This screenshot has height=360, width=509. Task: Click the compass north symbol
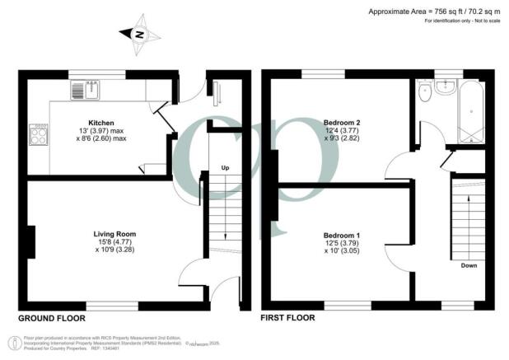(139, 35)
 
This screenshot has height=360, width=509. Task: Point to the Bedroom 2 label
(340, 123)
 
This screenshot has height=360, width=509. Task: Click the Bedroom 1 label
(340, 235)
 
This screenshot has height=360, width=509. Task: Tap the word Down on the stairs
(469, 266)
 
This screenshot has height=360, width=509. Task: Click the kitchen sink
(83, 90)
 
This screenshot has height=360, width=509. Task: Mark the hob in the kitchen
(39, 134)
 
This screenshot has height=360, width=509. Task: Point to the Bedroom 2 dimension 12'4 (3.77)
(340, 131)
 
